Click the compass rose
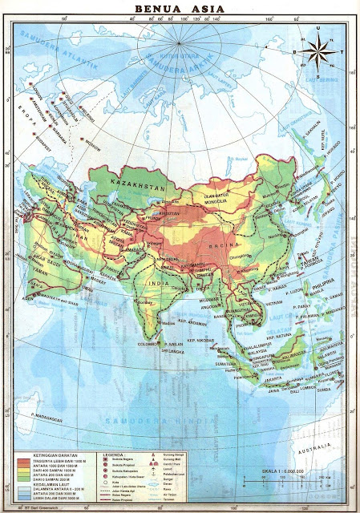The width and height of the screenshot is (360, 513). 318,53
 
